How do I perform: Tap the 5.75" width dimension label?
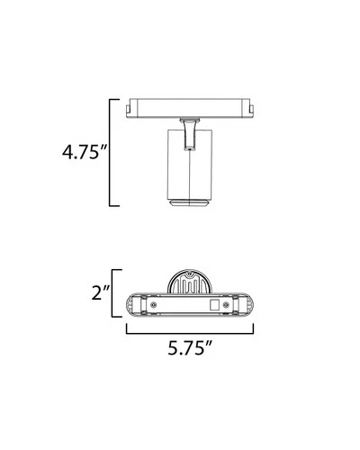[190, 348]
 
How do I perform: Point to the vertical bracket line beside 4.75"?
[110, 152]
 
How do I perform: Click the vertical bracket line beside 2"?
[112, 293]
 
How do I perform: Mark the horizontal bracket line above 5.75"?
[190, 333]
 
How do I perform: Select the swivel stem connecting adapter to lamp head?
[190, 134]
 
